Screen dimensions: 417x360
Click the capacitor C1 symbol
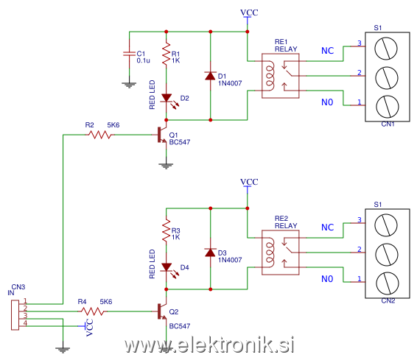pos(130,54)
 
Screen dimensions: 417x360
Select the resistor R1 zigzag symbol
pos(167,53)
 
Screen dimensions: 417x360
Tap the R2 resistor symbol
pos(99,135)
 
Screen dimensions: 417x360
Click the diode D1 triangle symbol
pos(211,76)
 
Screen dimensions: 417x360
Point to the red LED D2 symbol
pos(167,99)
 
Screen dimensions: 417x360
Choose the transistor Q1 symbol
pos(162,135)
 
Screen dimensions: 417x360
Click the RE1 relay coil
pos(270,76)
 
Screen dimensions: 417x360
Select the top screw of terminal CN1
pos(386,49)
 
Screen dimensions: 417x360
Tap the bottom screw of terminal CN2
pos(388,283)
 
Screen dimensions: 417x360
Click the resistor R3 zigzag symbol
pos(167,230)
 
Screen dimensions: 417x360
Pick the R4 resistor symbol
pos(92,311)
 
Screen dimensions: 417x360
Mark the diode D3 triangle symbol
pos(211,253)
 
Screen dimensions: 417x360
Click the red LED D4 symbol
pos(167,268)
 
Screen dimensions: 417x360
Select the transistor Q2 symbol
pos(162,311)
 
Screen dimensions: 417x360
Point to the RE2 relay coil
pos(270,253)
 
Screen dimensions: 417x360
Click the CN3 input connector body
pos(15,315)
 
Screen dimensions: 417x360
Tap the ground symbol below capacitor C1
pos(129,85)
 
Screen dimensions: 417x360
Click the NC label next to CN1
pos(327,51)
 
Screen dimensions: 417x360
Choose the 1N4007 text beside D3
pos(230,260)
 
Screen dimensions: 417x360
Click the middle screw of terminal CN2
pos(386,255)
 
